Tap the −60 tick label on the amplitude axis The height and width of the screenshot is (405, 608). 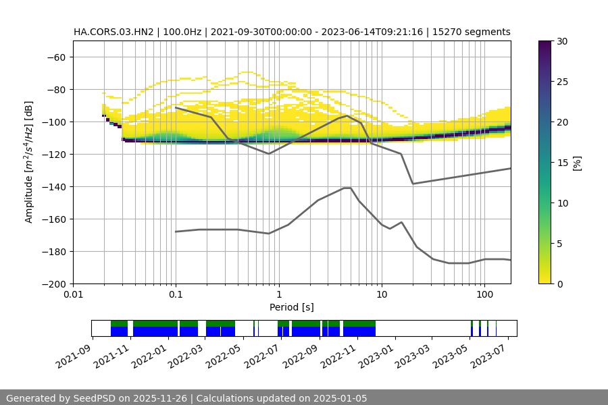pos(55,57)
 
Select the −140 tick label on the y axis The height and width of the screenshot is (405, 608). pos(53,186)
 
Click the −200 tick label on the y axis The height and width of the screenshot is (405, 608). pos(53,283)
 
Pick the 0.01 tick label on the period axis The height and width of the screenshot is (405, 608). pos(73,295)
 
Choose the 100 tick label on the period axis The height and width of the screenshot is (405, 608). pos(484,295)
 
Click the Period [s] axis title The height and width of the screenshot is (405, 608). pos(292,307)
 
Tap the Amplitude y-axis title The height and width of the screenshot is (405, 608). pos(29,162)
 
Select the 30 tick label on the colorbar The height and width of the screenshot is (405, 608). pos(562,41)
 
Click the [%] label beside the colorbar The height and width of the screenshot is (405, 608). pos(577,163)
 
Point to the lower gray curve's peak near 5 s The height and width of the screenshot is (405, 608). pos(347,188)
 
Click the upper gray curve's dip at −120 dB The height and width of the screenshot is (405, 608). pos(269,154)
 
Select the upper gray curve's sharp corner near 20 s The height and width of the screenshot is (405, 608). pos(413,184)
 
